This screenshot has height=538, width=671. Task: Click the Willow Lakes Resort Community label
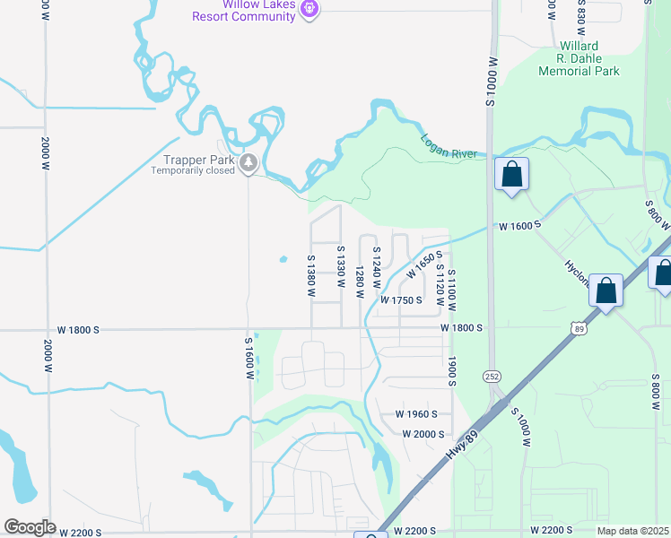coord(247,11)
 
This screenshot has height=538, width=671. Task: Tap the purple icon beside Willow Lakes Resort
coord(310,9)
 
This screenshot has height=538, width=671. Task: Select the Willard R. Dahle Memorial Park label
coord(578,58)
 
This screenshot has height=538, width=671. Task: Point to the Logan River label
coord(449,147)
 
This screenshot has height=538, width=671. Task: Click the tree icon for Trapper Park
coord(248,163)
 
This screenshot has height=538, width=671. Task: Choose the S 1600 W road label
coord(248,358)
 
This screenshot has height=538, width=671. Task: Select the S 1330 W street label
coord(341,266)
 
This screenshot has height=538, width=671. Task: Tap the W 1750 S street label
coord(401,300)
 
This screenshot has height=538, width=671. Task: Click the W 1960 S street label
coord(415,414)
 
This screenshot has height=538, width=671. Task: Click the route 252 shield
coord(492,374)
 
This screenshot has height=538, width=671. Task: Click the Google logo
coord(29,527)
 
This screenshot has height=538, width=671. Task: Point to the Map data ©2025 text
coord(632,531)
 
